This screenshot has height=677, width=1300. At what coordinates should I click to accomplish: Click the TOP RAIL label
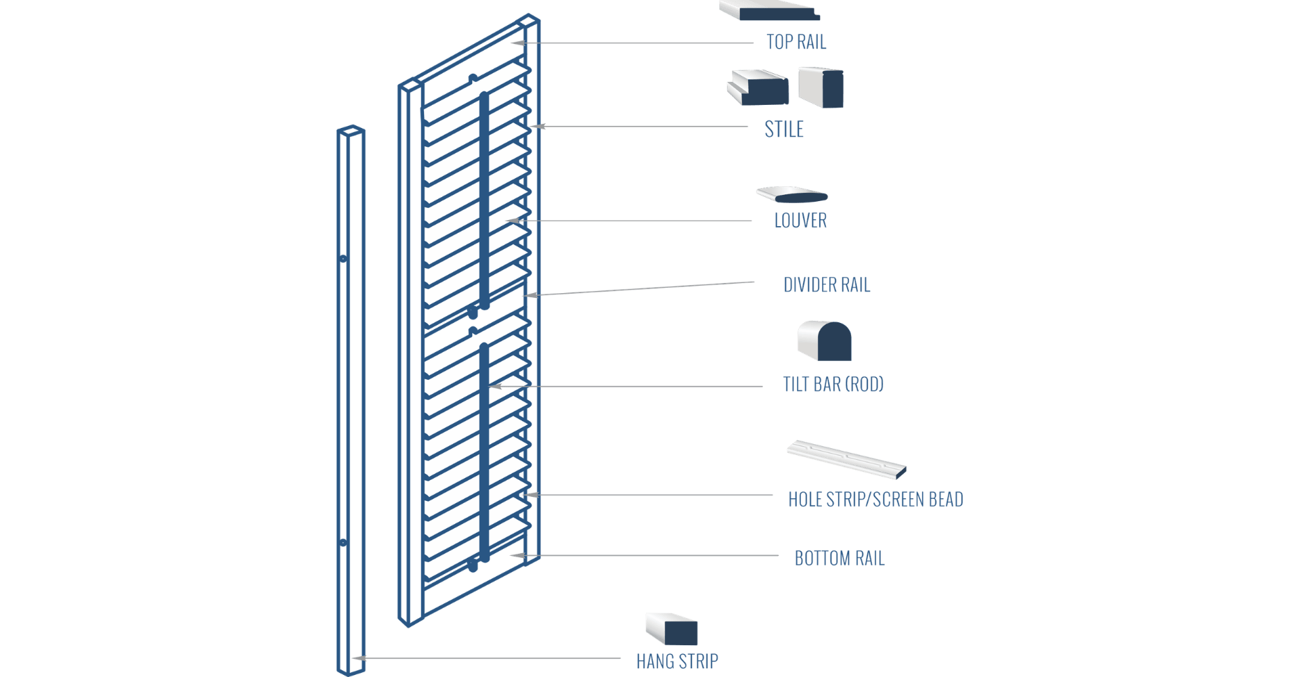tap(796, 42)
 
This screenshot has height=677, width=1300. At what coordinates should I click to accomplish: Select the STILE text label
tap(783, 129)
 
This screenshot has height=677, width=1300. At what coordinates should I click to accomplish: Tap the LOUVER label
tap(800, 220)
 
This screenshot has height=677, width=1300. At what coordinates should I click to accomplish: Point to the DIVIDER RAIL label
tap(827, 285)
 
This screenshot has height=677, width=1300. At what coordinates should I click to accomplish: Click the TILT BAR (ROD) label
tap(833, 384)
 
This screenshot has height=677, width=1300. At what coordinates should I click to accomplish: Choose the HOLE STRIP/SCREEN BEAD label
tap(875, 500)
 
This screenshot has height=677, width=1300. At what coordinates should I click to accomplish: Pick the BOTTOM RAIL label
tap(840, 558)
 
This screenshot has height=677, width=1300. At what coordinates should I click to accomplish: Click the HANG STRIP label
tap(676, 660)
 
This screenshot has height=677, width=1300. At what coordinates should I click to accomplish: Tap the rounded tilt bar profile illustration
tap(825, 342)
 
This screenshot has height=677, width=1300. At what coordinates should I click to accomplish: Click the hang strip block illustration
tap(672, 628)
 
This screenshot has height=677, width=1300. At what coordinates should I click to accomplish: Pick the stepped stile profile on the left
tap(758, 88)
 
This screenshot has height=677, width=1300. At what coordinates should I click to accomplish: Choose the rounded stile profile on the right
tap(821, 87)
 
